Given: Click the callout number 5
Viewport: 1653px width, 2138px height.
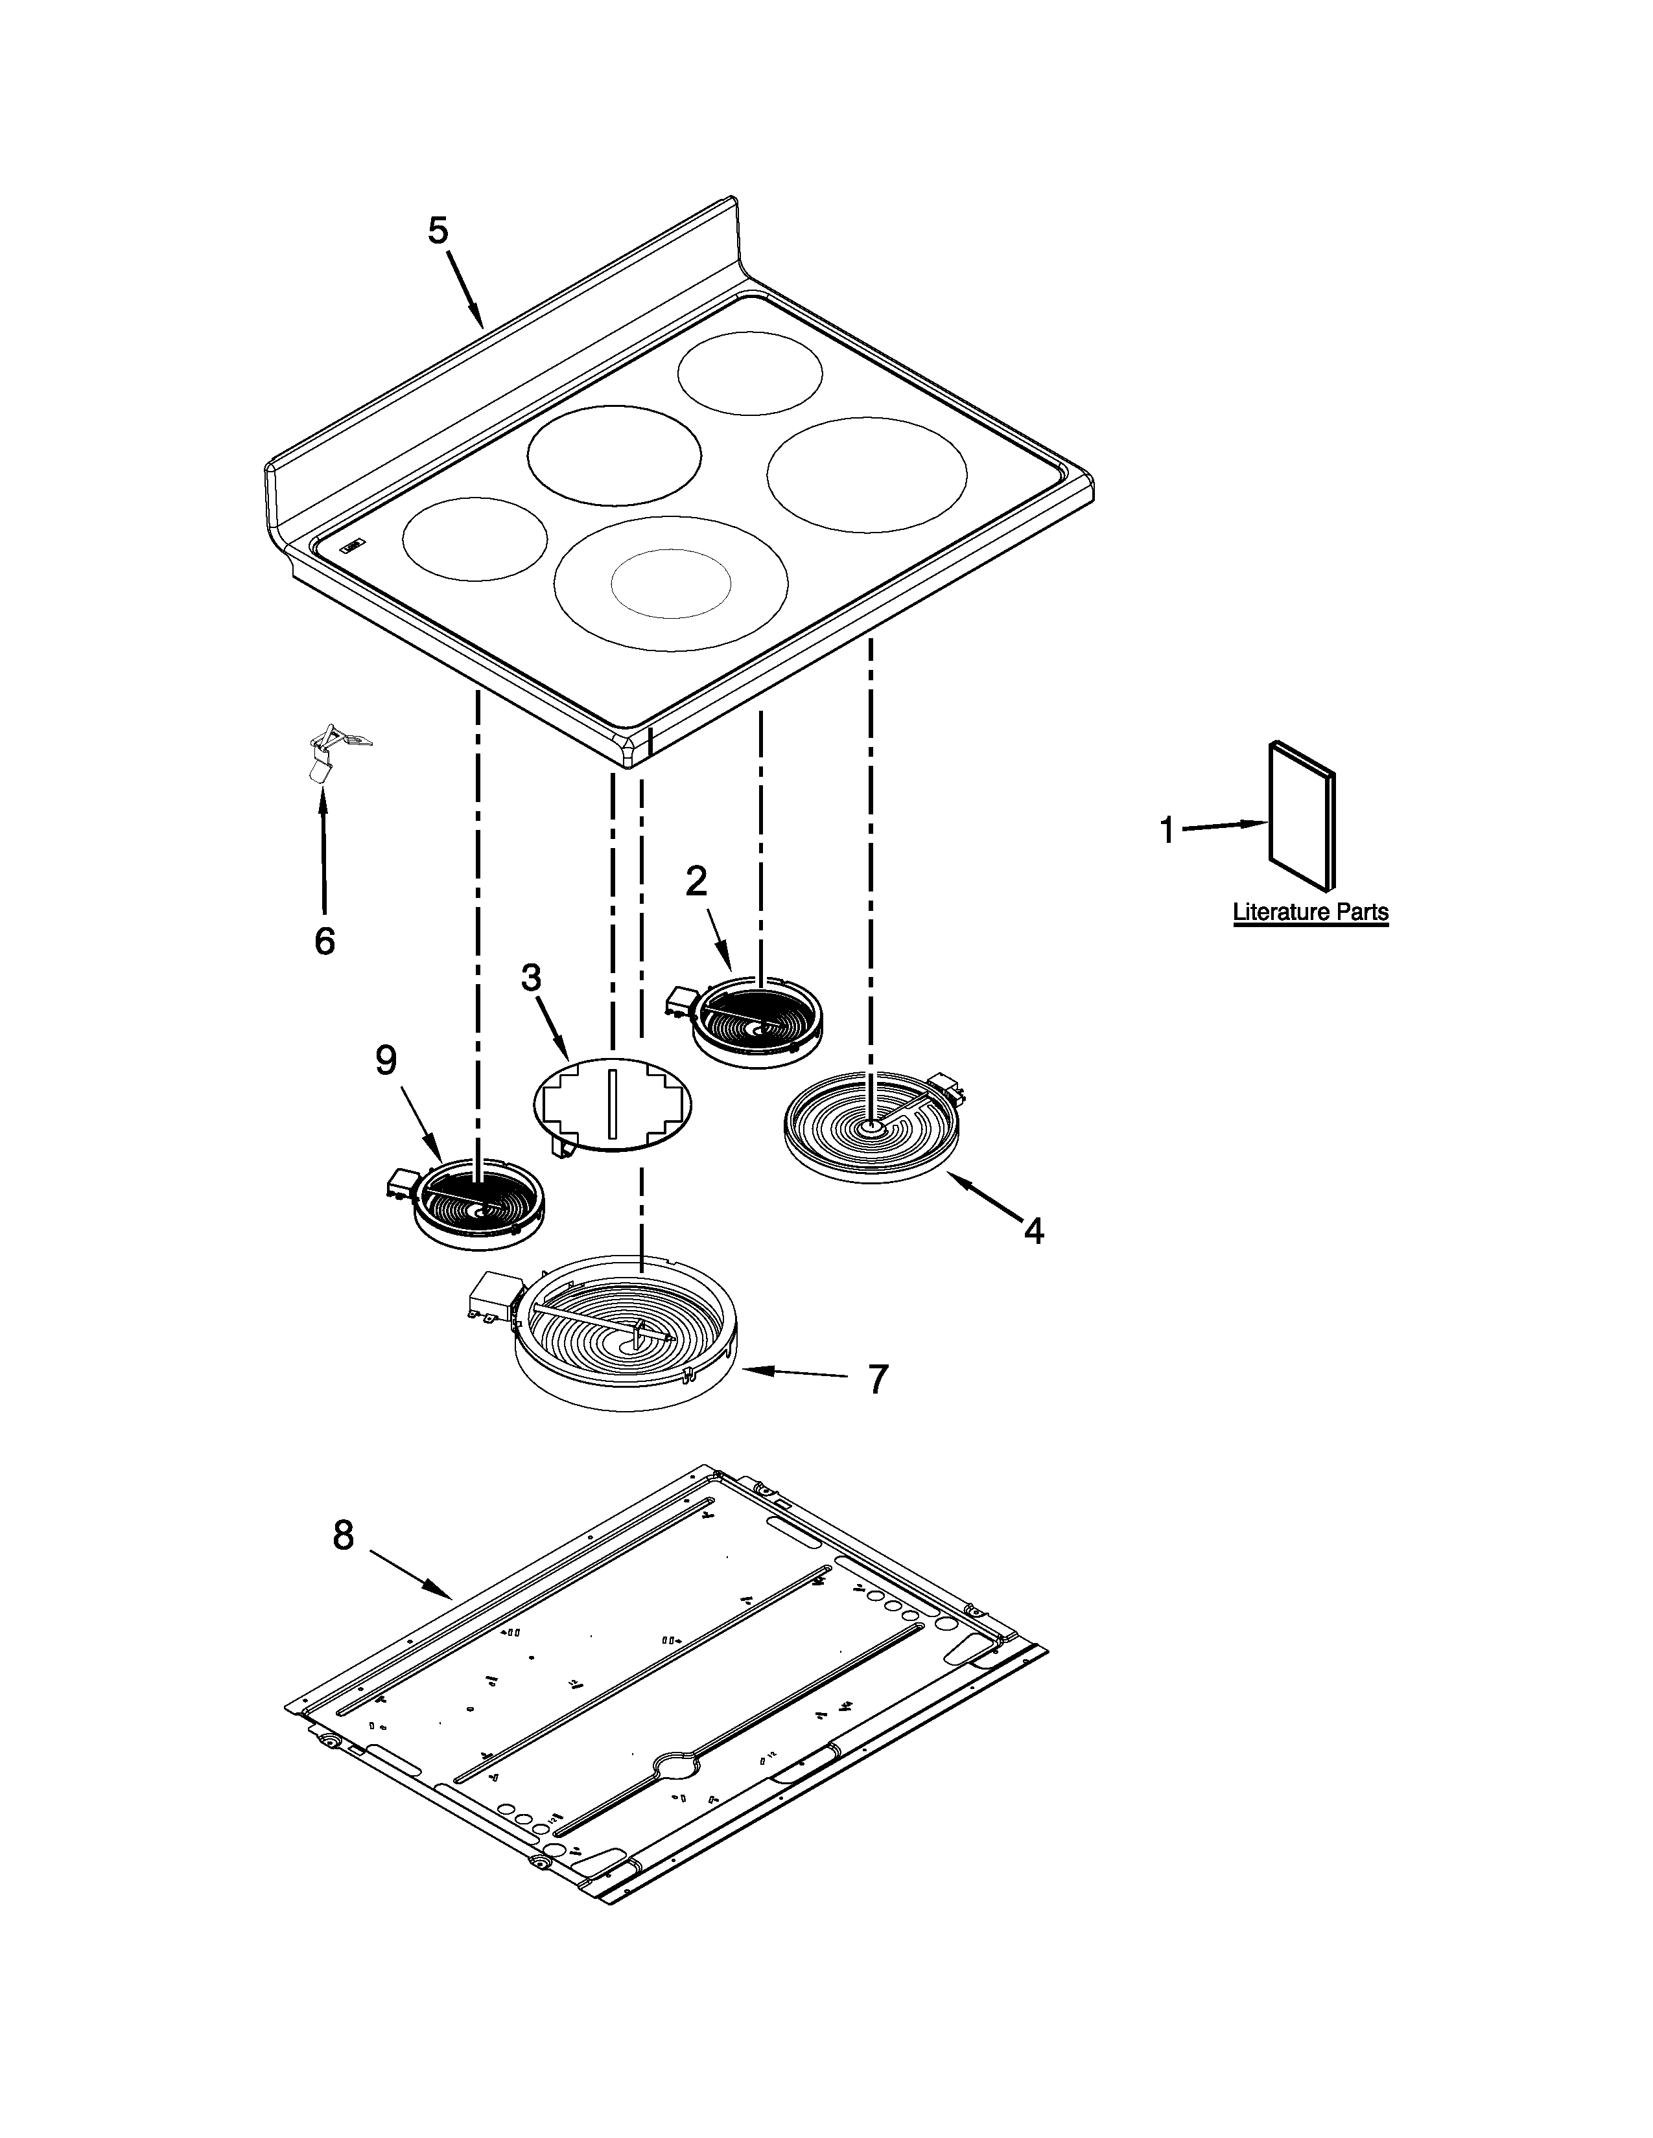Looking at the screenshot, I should pos(437,232).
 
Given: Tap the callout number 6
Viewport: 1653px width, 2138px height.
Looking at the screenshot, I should pos(324,942).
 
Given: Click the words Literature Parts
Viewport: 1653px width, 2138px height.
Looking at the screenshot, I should pos(1309,912).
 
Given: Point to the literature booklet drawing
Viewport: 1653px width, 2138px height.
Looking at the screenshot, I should pos(1300,816).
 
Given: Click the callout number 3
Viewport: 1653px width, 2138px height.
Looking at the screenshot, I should pos(531,977).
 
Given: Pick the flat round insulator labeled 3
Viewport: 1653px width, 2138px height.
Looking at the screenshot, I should pos(612,1103).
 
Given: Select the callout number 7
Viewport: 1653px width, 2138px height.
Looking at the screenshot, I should pos(878,1379).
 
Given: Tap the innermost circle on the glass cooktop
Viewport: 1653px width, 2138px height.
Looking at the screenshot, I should pos(671,584).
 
